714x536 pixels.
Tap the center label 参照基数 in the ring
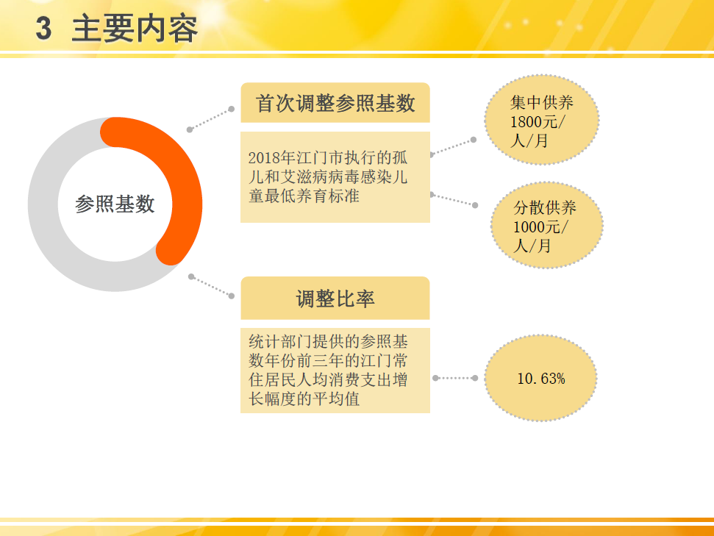click(115, 204)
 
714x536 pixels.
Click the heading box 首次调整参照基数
click(335, 103)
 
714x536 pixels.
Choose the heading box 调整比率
click(335, 299)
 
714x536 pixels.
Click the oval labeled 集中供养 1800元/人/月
click(541, 120)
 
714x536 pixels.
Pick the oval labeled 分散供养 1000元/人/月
click(546, 225)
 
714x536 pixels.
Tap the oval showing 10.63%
click(540, 379)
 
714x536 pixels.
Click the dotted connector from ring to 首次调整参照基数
click(210, 119)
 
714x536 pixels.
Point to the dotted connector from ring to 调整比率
click(211, 286)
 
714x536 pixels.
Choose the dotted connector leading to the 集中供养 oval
click(452, 147)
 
